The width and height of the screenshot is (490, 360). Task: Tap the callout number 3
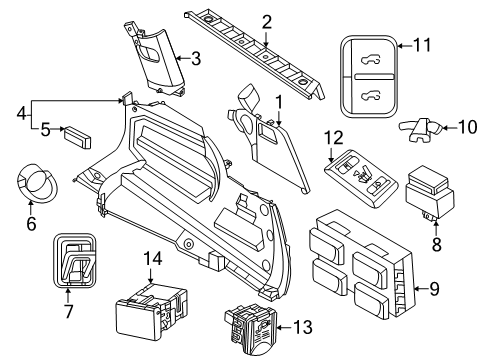[196, 59]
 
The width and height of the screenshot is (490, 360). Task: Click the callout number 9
[462, 290]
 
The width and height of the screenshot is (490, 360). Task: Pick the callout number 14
[152, 259]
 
